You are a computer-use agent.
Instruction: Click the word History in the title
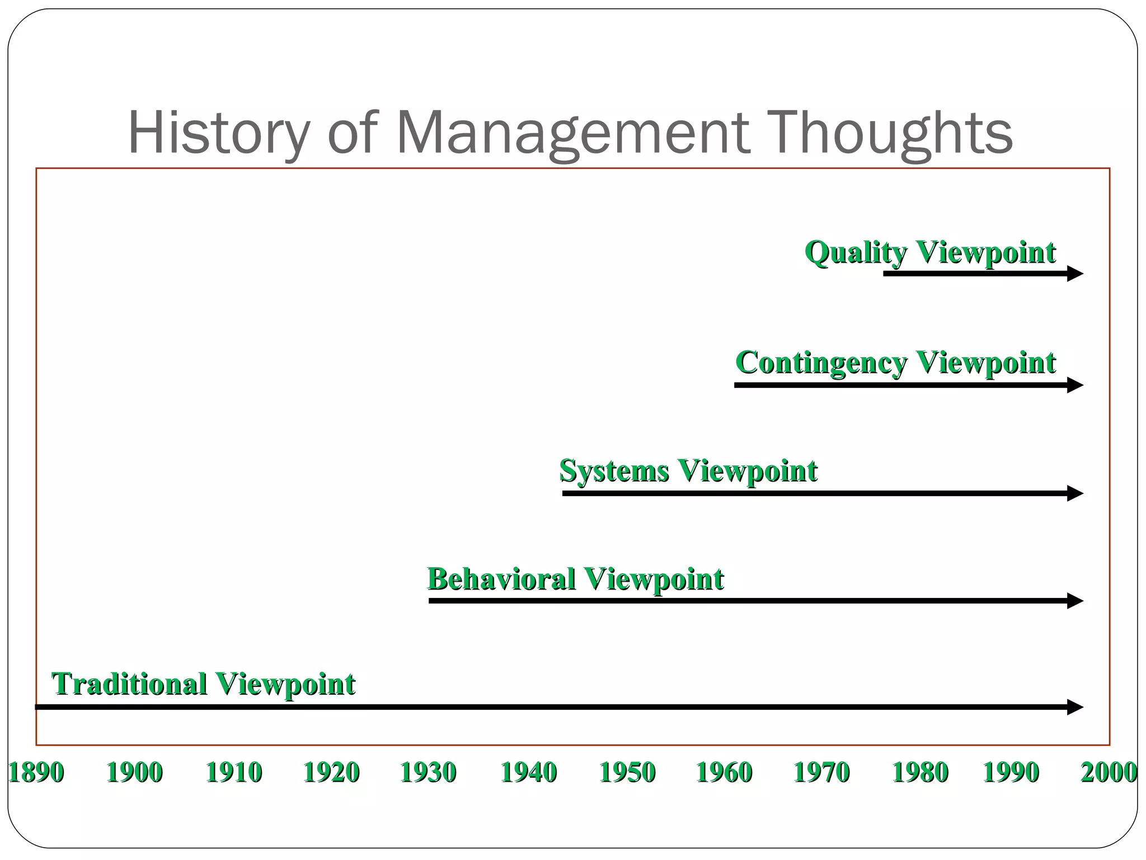click(219, 133)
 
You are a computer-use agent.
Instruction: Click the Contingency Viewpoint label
click(895, 362)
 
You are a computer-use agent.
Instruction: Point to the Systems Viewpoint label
click(688, 470)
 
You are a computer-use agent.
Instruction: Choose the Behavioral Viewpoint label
click(575, 579)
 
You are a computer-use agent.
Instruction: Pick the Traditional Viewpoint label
click(203, 684)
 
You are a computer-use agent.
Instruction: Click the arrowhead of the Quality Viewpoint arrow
click(1075, 274)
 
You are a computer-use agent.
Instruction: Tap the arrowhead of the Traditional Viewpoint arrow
click(1075, 707)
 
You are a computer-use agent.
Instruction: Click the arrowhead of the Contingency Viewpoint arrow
click(1075, 385)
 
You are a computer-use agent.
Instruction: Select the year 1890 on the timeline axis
click(36, 773)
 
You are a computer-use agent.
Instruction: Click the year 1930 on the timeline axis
click(428, 773)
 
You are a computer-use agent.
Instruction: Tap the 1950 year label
click(627, 773)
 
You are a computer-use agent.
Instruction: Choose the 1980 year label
click(920, 773)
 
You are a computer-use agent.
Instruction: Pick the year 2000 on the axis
click(1108, 773)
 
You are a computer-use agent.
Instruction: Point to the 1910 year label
click(234, 773)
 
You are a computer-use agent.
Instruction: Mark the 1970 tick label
click(821, 773)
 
